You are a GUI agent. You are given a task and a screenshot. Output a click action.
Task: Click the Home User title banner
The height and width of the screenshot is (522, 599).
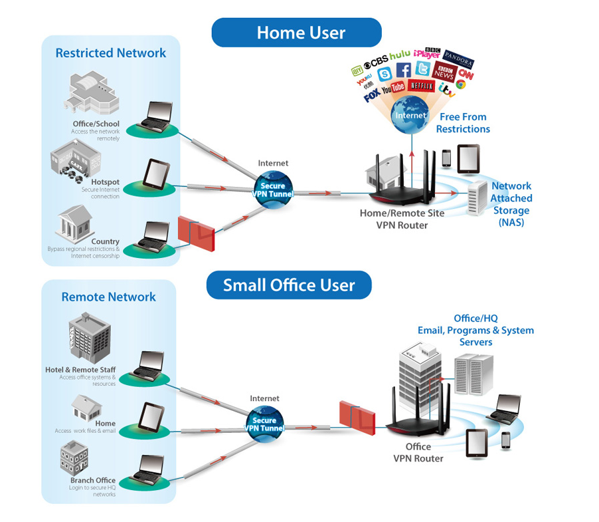296,32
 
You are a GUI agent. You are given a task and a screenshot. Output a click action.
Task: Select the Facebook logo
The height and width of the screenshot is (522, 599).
403,70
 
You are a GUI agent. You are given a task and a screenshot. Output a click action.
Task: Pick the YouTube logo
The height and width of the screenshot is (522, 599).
393,87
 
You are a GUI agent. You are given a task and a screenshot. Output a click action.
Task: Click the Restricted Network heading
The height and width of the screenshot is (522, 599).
111,53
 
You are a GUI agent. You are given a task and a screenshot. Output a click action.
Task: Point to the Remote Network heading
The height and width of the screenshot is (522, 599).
108,297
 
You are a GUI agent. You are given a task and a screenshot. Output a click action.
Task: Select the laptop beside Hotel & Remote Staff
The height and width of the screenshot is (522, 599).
148,364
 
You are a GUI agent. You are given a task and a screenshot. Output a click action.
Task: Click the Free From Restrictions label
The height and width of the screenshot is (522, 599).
463,123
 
